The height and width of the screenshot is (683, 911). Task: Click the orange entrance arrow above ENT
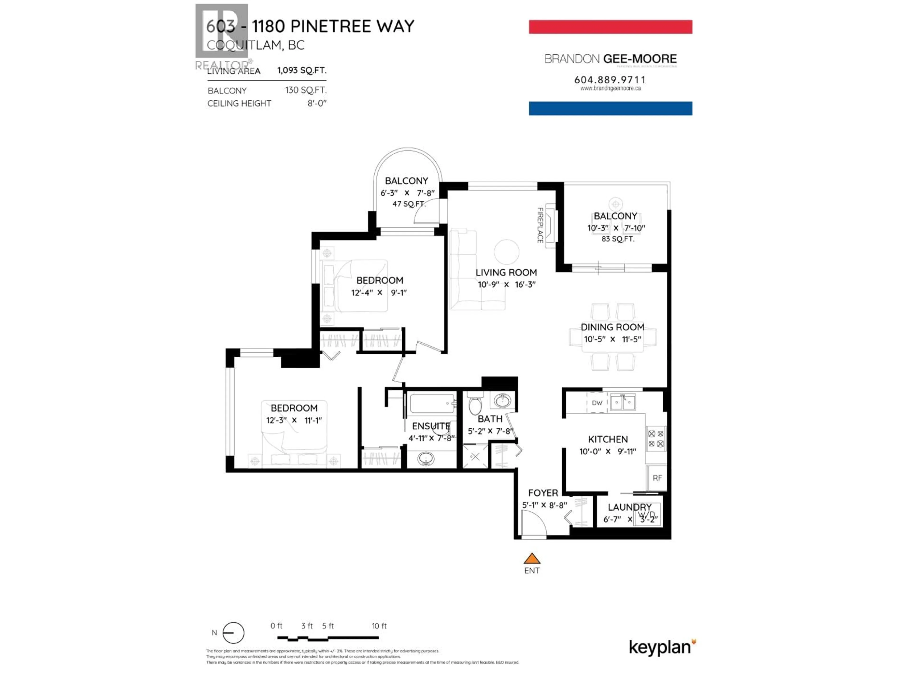532,559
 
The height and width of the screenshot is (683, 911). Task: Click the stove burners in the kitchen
656,438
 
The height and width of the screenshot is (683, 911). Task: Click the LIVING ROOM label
506,272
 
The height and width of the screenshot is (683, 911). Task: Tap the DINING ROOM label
612,327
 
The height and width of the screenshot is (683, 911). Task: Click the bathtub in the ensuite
432,403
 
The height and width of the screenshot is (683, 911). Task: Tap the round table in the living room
507,252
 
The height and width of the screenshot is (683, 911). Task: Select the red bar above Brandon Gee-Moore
610,27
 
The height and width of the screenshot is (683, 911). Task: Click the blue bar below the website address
610,108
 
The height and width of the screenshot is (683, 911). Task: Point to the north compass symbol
233,633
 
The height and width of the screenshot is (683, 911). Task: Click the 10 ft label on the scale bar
379,626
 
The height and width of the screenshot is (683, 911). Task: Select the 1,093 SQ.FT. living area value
302,70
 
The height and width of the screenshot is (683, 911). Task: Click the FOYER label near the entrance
543,493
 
